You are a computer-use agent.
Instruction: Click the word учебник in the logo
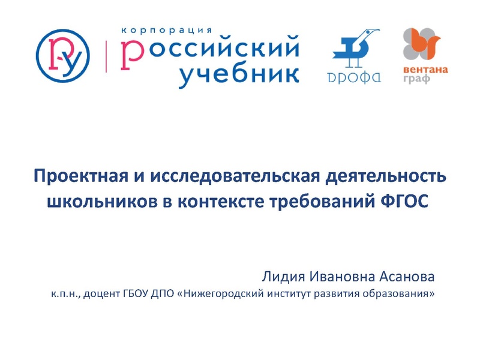(x=239, y=73)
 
